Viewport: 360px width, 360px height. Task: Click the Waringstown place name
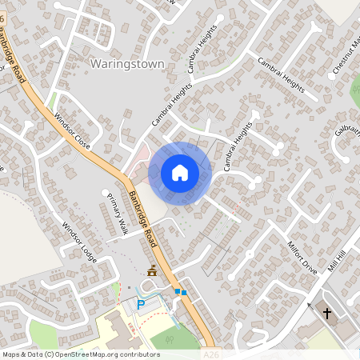tap(127, 63)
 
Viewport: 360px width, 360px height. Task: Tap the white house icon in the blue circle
tap(180, 173)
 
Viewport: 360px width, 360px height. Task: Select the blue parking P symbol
tap(142, 304)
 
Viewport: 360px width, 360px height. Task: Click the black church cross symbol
tap(327, 313)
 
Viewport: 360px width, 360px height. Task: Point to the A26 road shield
tap(210, 353)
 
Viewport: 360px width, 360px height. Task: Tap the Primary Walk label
tap(114, 215)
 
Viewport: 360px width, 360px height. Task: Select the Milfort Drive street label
tap(302, 258)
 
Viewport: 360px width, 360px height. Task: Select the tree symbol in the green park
tap(169, 339)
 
